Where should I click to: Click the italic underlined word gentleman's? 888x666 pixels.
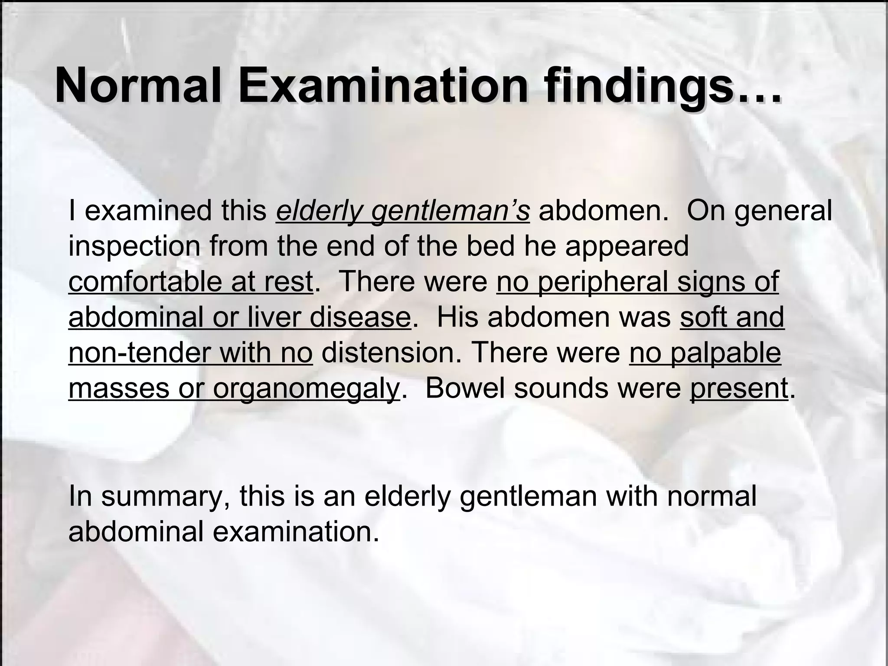click(451, 211)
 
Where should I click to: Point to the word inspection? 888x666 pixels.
click(134, 247)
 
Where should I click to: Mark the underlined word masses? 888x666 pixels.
click(118, 388)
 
